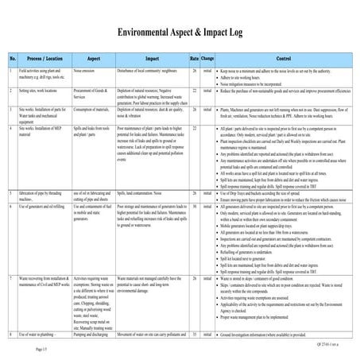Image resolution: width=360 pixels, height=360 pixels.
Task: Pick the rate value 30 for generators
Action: coord(194,205)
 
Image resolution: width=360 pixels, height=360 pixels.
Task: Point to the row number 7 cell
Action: coord(13,280)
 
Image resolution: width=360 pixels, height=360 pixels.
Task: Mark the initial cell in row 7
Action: coord(207,280)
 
